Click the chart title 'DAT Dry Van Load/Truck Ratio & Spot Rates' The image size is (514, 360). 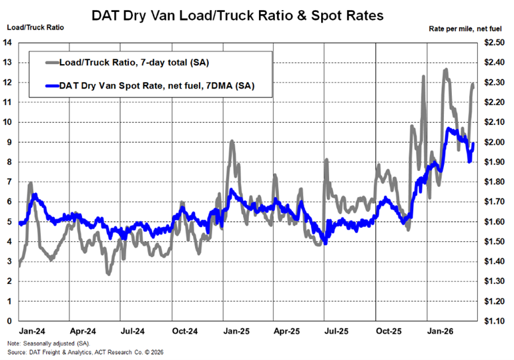(257, 15)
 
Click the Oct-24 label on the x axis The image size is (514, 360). (184, 331)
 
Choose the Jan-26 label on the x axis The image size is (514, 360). (439, 331)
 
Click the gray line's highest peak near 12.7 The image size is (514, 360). (445, 69)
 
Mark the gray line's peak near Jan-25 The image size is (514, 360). (232, 141)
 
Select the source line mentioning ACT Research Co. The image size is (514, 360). (87, 352)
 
